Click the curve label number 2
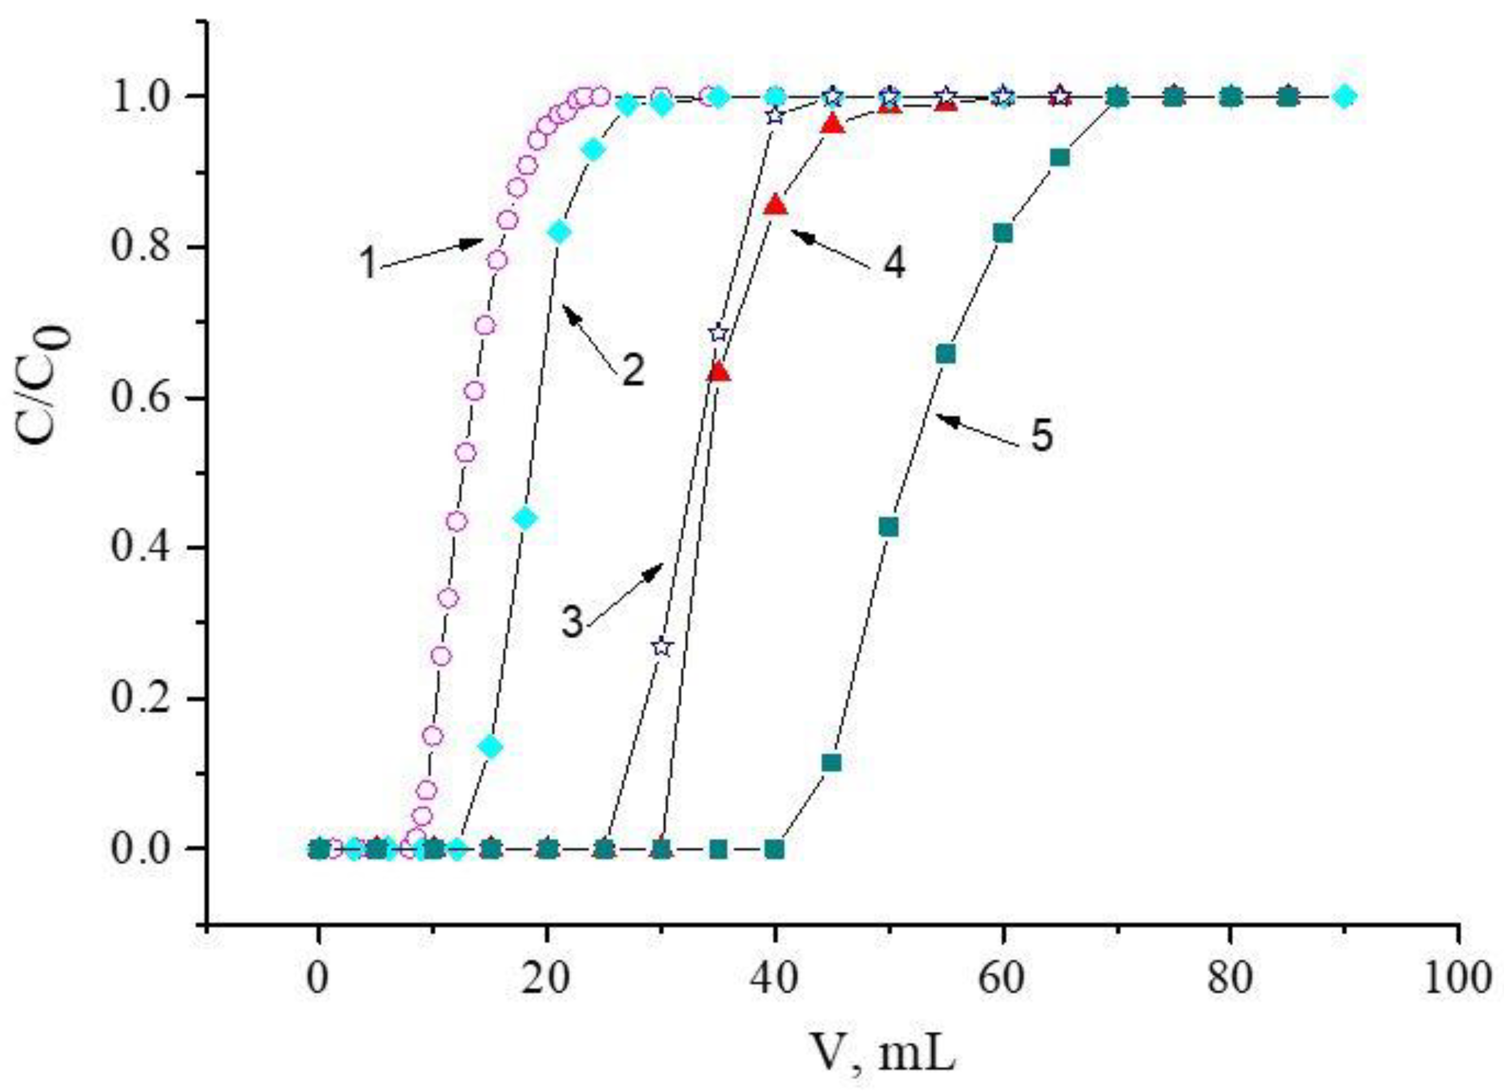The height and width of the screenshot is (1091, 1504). (632, 371)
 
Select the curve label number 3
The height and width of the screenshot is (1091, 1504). (572, 624)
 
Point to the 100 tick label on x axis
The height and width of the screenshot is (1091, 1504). (1458, 980)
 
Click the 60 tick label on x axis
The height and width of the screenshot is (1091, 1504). (1002, 980)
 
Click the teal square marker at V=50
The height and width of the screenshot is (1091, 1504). (889, 527)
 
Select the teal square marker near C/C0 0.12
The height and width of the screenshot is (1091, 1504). (832, 763)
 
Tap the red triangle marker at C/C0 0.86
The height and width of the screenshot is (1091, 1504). (775, 206)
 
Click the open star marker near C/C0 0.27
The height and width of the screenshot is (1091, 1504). (662, 647)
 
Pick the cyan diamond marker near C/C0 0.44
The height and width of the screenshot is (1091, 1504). (525, 518)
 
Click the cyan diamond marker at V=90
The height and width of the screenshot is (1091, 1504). (1344, 97)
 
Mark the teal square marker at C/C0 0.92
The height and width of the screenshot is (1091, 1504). (1060, 158)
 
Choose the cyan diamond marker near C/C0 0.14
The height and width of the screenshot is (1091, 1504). (491, 747)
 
